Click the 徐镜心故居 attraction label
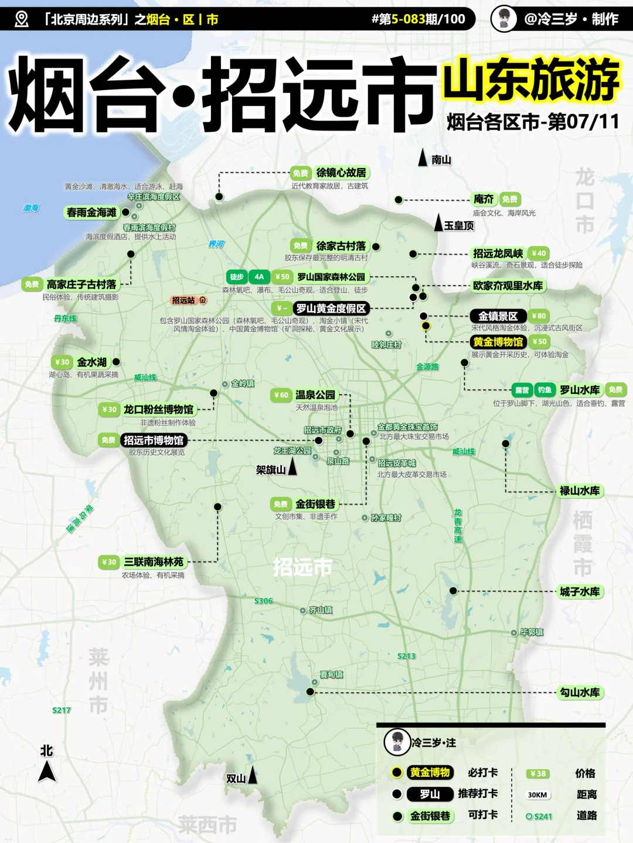[x=341, y=173]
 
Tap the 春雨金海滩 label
[x=91, y=213]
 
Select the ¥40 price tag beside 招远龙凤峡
[x=539, y=253]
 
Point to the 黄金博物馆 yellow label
[x=498, y=342]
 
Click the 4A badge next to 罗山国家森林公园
[x=259, y=277]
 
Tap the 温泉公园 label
[x=315, y=395]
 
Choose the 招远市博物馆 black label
[x=154, y=440]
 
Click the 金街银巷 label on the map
[x=315, y=504]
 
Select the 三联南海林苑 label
[x=154, y=562]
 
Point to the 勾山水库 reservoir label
[x=580, y=693]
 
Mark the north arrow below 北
[x=47, y=772]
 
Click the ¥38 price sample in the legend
[x=537, y=773]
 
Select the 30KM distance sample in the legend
[x=537, y=795]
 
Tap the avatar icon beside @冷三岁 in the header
[x=503, y=19]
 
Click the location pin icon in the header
[x=21, y=19]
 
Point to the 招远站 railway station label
[x=183, y=300]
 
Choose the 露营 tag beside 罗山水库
[x=522, y=390]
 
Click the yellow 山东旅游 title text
[x=531, y=80]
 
